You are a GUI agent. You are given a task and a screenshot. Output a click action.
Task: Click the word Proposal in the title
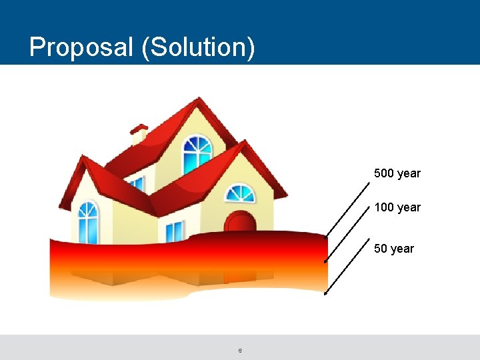[x=82, y=48]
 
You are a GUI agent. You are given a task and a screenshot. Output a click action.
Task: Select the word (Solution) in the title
[x=198, y=48]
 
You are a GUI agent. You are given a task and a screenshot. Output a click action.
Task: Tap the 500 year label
[x=397, y=173]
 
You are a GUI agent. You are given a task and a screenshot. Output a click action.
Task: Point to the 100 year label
[x=397, y=207]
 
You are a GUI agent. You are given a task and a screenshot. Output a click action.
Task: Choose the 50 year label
[x=393, y=249]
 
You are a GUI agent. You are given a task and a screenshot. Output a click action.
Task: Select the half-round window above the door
[x=239, y=193]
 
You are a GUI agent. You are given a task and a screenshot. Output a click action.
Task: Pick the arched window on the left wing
[x=87, y=221]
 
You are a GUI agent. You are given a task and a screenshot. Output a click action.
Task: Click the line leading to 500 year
[x=348, y=206]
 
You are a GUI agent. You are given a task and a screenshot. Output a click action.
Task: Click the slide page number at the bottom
[x=240, y=351]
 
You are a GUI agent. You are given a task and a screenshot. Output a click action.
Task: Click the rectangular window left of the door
[x=174, y=231]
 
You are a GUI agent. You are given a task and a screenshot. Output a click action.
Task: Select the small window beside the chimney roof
[x=136, y=183]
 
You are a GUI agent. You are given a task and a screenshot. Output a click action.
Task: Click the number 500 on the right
[x=384, y=173]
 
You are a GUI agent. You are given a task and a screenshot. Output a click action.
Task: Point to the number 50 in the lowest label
[x=381, y=249]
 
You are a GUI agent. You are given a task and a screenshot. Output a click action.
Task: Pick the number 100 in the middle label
[x=384, y=207]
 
